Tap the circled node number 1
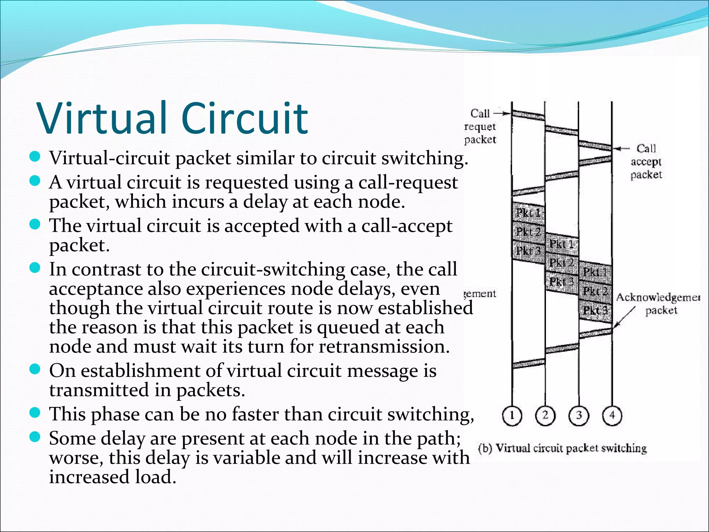[512, 415]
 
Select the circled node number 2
[545, 415]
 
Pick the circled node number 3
[579, 415]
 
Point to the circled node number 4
[612, 415]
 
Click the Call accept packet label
[646, 161]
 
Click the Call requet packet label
[480, 126]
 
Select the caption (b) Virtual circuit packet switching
[562, 448]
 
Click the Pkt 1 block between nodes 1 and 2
[528, 212]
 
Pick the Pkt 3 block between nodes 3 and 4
[595, 310]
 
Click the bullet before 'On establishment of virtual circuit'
[35, 370]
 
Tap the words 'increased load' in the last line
[113, 477]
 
